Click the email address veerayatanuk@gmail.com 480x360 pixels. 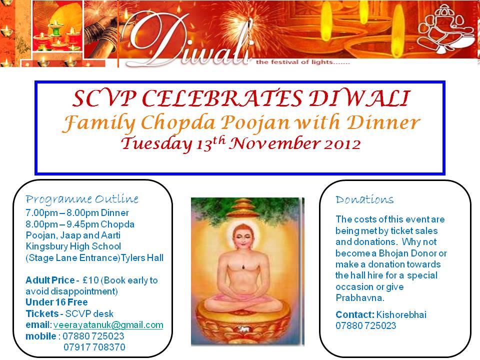(x=108, y=325)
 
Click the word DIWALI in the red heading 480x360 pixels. (x=359, y=98)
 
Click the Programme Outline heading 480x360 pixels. (x=82, y=199)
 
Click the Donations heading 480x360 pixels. (x=364, y=199)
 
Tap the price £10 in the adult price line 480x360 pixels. (x=90, y=280)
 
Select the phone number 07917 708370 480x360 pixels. (x=94, y=347)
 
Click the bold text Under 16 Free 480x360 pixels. (x=56, y=302)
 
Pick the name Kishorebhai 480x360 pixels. (x=401, y=314)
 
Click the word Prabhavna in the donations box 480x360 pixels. (x=360, y=298)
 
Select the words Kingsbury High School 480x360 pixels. (x=73, y=246)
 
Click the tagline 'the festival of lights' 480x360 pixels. (x=303, y=62)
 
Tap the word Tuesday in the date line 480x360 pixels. (x=156, y=144)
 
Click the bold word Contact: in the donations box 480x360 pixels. (x=355, y=314)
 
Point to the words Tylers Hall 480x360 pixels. (x=142, y=258)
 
